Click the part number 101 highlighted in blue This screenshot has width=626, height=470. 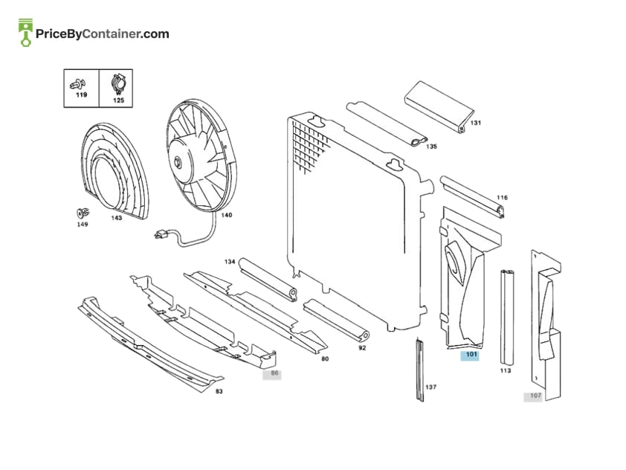(471, 355)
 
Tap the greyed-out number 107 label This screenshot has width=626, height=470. (535, 396)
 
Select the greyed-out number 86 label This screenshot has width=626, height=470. (274, 373)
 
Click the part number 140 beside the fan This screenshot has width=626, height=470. (226, 215)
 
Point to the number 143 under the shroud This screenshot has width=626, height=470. (117, 218)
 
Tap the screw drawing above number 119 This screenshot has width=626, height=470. (77, 84)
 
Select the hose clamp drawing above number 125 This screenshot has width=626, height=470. (118, 85)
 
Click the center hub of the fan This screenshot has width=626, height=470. (177, 163)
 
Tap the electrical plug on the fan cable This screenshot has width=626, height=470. (161, 234)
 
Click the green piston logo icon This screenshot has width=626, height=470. (25, 32)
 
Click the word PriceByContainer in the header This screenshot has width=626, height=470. (88, 34)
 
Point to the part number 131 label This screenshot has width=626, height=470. (476, 123)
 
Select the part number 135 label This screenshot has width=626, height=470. (431, 147)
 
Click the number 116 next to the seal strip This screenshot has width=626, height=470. (503, 198)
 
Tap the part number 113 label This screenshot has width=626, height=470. (506, 371)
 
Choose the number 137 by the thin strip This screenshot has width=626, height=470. (430, 387)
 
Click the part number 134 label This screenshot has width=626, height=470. (230, 262)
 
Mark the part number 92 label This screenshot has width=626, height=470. (362, 348)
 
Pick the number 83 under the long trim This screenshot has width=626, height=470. (219, 392)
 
